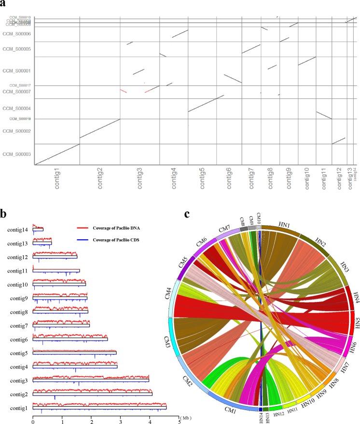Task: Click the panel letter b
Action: [x=3, y=212]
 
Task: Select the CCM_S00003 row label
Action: [x=17, y=154]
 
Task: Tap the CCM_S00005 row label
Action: [x=17, y=49]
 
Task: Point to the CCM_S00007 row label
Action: [x=17, y=92]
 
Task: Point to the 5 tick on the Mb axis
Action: [x=179, y=418]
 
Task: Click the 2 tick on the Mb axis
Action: [x=91, y=418]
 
